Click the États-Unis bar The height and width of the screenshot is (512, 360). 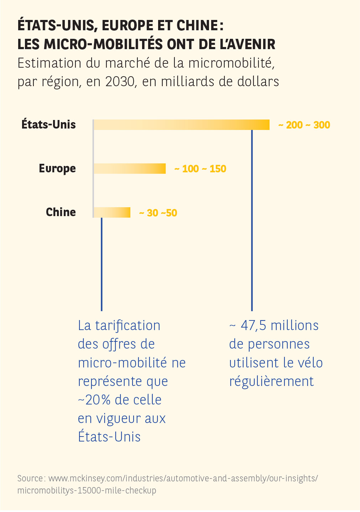click(x=182, y=125)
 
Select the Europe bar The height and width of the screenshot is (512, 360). click(x=130, y=168)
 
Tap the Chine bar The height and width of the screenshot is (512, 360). click(x=112, y=213)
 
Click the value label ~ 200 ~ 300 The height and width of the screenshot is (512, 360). click(x=304, y=125)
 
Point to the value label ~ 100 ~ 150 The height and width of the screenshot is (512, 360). click(x=200, y=169)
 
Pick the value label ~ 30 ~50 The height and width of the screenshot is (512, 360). click(x=158, y=213)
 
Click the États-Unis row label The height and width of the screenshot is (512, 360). click(x=49, y=125)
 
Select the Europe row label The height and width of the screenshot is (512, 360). click(x=57, y=168)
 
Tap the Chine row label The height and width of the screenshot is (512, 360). click(x=61, y=212)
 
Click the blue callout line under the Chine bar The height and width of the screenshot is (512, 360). click(x=102, y=263)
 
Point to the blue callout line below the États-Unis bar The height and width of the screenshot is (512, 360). click(x=252, y=221)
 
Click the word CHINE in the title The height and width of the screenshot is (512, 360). click(x=197, y=26)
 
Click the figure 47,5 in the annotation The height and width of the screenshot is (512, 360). click(x=253, y=325)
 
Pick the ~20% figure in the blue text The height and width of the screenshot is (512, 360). click(x=94, y=400)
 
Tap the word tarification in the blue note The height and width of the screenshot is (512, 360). click(x=128, y=325)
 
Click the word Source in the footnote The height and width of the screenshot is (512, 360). click(x=30, y=478)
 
